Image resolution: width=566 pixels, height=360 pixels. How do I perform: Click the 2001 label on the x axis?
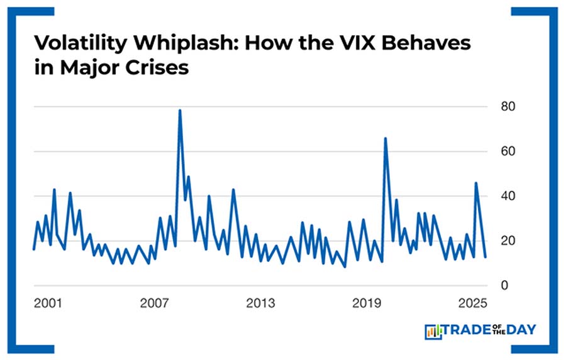pyautogui.click(x=48, y=303)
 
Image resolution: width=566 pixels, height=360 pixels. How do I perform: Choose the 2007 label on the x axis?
pyautogui.click(x=154, y=303)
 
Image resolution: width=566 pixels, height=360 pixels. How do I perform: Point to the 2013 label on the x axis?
pyautogui.click(x=260, y=303)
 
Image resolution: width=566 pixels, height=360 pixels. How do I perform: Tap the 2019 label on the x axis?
pyautogui.click(x=367, y=303)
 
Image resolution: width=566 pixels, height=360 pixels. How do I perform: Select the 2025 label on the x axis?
pyautogui.click(x=472, y=303)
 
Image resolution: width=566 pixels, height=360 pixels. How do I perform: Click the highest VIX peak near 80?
pyautogui.click(x=180, y=111)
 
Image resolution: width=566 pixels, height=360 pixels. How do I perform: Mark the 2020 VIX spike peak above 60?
pyautogui.click(x=385, y=138)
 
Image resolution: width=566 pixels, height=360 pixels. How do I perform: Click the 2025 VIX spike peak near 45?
pyautogui.click(x=476, y=183)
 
